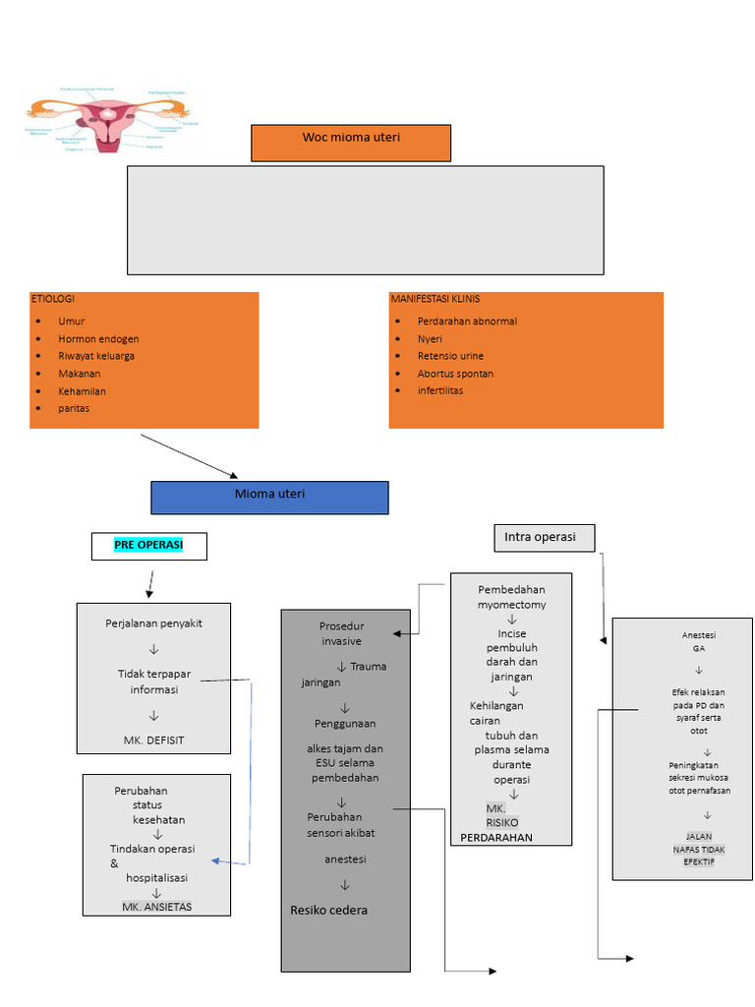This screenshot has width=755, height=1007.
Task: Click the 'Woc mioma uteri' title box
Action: pyautogui.click(x=351, y=142)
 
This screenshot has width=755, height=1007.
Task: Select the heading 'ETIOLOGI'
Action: pyautogui.click(x=52, y=299)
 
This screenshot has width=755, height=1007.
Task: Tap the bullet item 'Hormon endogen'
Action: pyautogui.click(x=98, y=339)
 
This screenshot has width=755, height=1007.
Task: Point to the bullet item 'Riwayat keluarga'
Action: pyautogui.click(x=96, y=356)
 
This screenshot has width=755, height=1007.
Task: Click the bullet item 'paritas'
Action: pyautogui.click(x=74, y=408)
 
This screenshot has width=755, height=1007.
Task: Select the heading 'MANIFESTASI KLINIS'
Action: pyautogui.click(x=435, y=299)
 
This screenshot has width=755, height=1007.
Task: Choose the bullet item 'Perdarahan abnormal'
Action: pyautogui.click(x=467, y=322)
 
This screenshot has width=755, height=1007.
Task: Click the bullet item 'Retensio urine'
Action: pyautogui.click(x=450, y=356)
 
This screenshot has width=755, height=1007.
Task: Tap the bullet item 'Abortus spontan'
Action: pyautogui.click(x=455, y=374)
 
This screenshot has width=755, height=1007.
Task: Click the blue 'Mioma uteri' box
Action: pyautogui.click(x=269, y=497)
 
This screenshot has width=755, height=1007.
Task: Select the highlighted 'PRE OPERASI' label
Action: pyautogui.click(x=148, y=544)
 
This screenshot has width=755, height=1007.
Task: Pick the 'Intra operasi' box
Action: pyautogui.click(x=544, y=537)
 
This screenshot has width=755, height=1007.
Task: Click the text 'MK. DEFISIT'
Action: pyautogui.click(x=153, y=740)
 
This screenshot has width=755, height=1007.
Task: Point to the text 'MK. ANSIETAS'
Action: pyautogui.click(x=157, y=906)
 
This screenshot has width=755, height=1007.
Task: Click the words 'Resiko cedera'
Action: pyautogui.click(x=328, y=910)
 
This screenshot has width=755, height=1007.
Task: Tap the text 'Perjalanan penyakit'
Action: pyautogui.click(x=153, y=623)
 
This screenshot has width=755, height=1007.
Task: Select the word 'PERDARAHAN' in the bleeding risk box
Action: pyautogui.click(x=495, y=838)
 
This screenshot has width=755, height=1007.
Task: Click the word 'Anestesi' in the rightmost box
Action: pyautogui.click(x=698, y=635)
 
